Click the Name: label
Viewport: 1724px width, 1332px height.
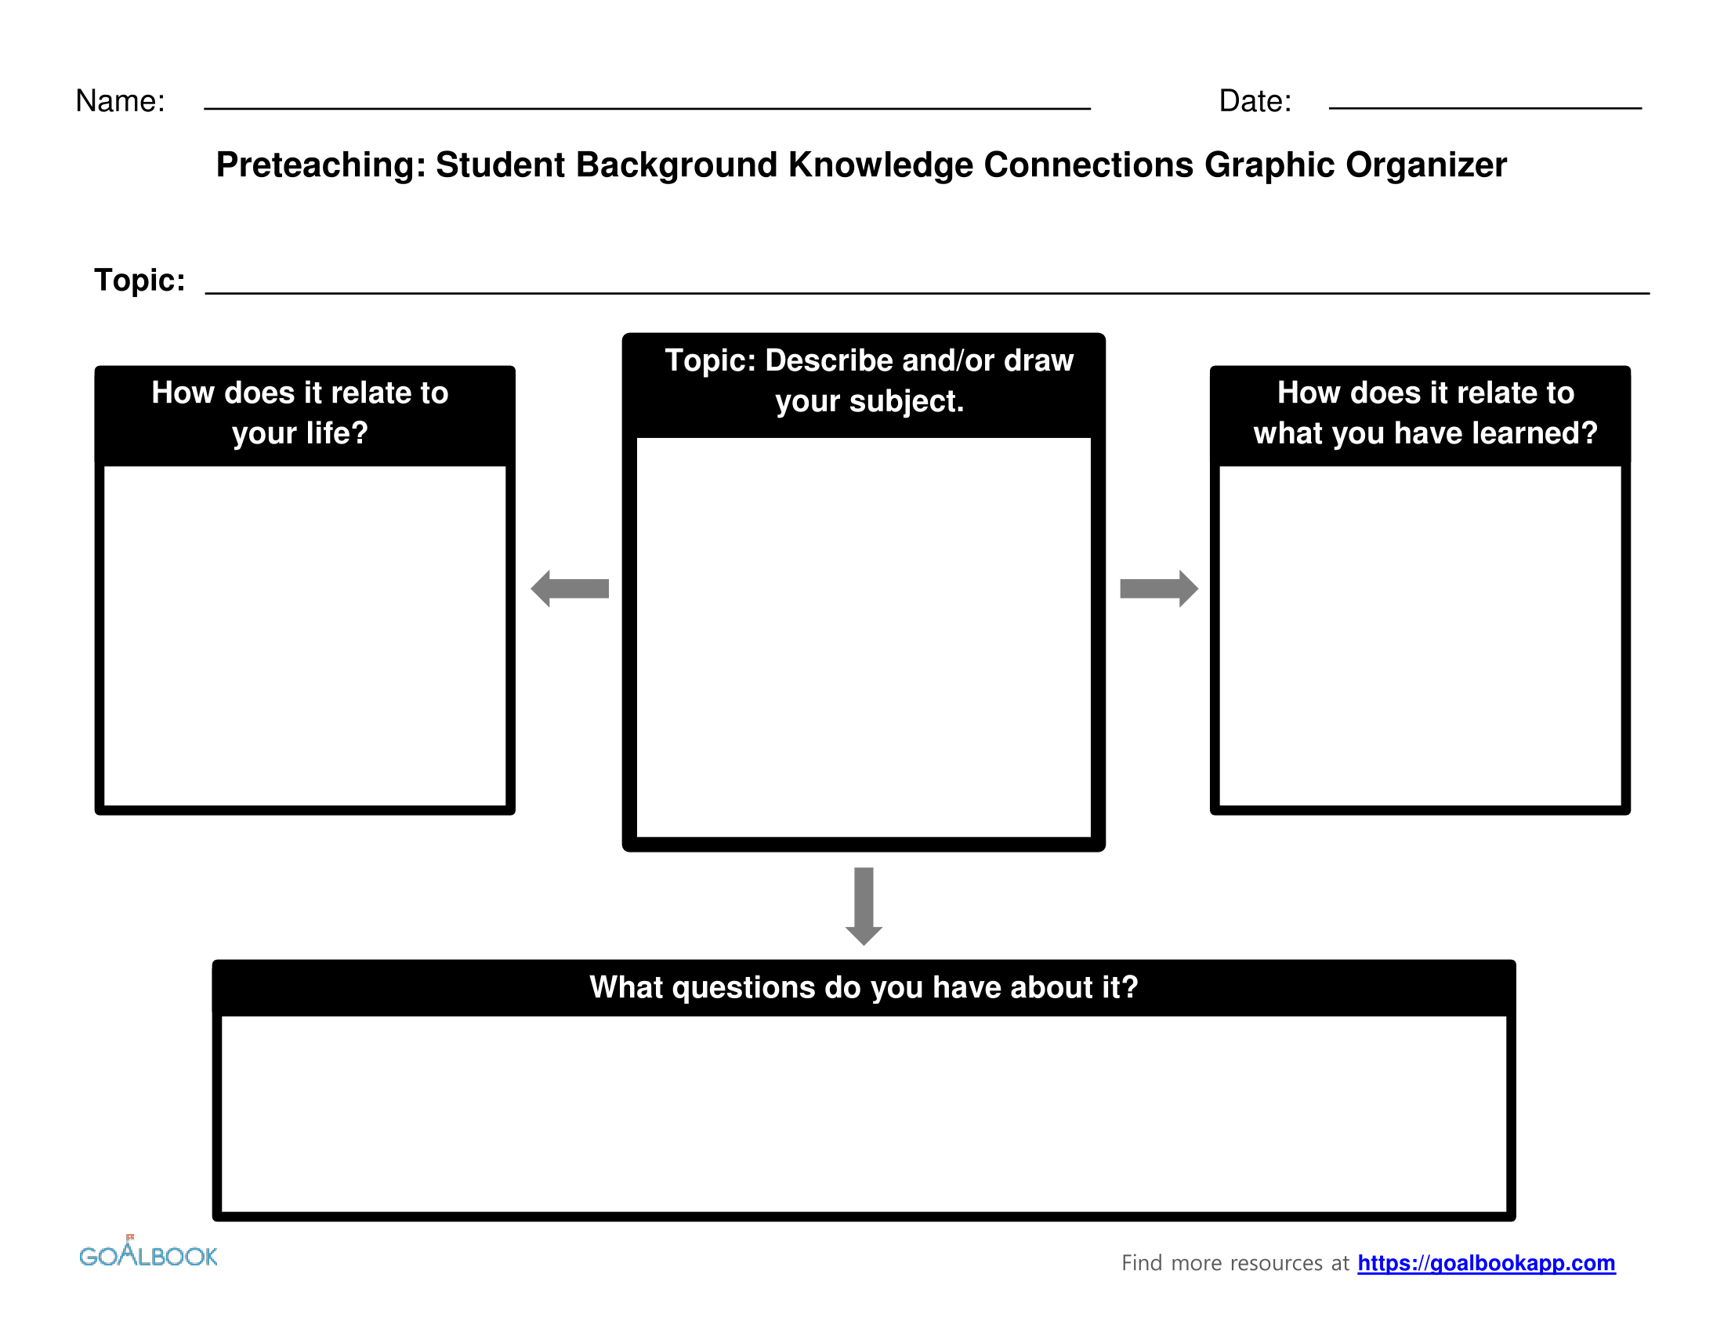[120, 101]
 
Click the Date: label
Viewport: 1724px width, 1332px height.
[1255, 101]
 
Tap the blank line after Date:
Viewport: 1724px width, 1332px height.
[1484, 107]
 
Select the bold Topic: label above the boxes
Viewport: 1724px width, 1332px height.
[139, 281]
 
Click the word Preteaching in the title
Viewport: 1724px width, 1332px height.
[320, 165]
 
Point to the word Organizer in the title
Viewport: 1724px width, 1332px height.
[1425, 165]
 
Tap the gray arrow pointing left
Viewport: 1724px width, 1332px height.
[570, 588]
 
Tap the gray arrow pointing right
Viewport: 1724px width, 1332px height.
[1158, 588]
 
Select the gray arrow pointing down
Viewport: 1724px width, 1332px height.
[864, 905]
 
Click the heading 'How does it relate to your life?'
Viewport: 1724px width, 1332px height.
[300, 412]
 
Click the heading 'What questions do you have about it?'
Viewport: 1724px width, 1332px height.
[864, 987]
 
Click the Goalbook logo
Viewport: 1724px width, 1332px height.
[147, 1254]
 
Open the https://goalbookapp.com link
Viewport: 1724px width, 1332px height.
[1486, 1262]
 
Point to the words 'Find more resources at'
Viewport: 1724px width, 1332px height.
[1234, 1262]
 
